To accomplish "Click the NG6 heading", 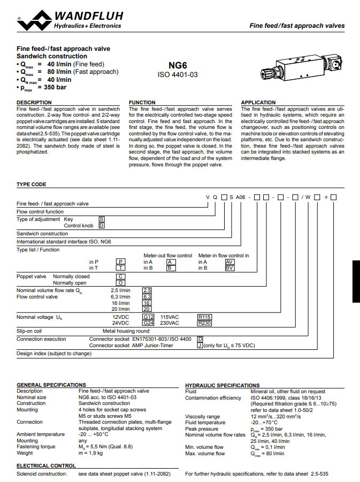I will (x=178, y=65).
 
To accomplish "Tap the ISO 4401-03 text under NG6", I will (x=178, y=75).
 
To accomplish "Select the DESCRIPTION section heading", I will (x=34, y=102).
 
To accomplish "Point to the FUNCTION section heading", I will (x=142, y=102).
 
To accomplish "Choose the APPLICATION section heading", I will (x=258, y=102).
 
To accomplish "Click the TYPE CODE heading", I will (x=32, y=185).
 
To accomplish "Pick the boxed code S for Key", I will (x=102, y=219).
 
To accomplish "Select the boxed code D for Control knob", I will (x=102, y=226).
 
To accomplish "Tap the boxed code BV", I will (x=229, y=268).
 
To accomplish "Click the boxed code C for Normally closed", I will (x=121, y=277).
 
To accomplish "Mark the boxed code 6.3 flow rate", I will (x=147, y=296).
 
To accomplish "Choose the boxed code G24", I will (x=148, y=323).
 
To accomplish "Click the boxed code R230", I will (x=204, y=323).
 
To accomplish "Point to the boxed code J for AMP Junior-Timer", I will (x=200, y=346).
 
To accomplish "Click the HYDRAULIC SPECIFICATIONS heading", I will (x=222, y=385).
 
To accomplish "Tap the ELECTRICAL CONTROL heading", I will (x=46, y=466).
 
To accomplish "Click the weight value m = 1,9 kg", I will (x=90, y=453).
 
